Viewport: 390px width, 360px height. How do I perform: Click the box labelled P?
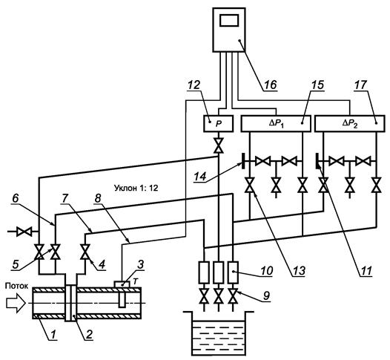pos(219,123)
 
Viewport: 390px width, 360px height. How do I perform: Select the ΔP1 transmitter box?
pos(276,123)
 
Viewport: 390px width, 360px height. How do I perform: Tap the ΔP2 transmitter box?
pos(350,123)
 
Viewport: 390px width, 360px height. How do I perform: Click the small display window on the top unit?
pos(229,20)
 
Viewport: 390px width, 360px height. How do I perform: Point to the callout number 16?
pos(270,85)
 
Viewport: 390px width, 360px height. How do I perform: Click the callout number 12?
pos(194,85)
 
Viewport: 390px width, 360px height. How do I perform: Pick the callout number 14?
pos(200,177)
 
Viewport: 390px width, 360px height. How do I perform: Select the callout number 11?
pos(365,270)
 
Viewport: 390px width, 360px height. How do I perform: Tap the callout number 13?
pos(299,270)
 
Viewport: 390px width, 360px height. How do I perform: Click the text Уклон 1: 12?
pos(136,188)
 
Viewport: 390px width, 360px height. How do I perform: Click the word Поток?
pos(16,286)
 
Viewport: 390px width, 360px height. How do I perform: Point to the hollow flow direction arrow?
pos(16,303)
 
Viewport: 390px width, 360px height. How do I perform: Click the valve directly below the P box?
pos(219,145)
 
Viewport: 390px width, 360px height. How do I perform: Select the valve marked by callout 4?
pos(85,252)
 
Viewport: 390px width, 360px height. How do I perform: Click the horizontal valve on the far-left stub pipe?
pos(24,232)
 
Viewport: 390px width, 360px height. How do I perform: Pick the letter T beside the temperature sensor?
pos(135,281)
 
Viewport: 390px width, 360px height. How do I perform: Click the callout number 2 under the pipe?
pos(89,334)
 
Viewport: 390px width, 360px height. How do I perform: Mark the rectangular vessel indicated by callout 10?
pos(233,272)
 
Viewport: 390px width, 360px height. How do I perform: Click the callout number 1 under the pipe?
pos(53,334)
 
